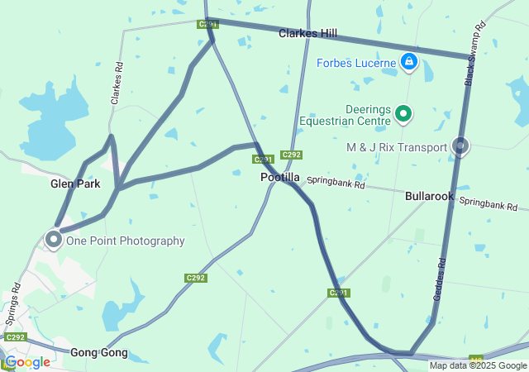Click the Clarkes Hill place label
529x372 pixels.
coord(307,33)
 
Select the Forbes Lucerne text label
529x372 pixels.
coord(358,62)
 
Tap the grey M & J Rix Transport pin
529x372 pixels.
coord(461,146)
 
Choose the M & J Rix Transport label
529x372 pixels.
coord(396,147)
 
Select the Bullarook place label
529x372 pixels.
coord(429,197)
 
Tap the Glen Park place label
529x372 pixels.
coord(75,184)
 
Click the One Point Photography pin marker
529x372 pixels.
coord(54,239)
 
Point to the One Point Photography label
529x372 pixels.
coord(125,241)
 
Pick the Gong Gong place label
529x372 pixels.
coord(98,353)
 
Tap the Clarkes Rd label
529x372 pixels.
coord(118,83)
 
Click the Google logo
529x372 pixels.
coord(27,361)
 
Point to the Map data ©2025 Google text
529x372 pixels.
coord(478,366)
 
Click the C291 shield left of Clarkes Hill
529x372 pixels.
coord(207,25)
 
